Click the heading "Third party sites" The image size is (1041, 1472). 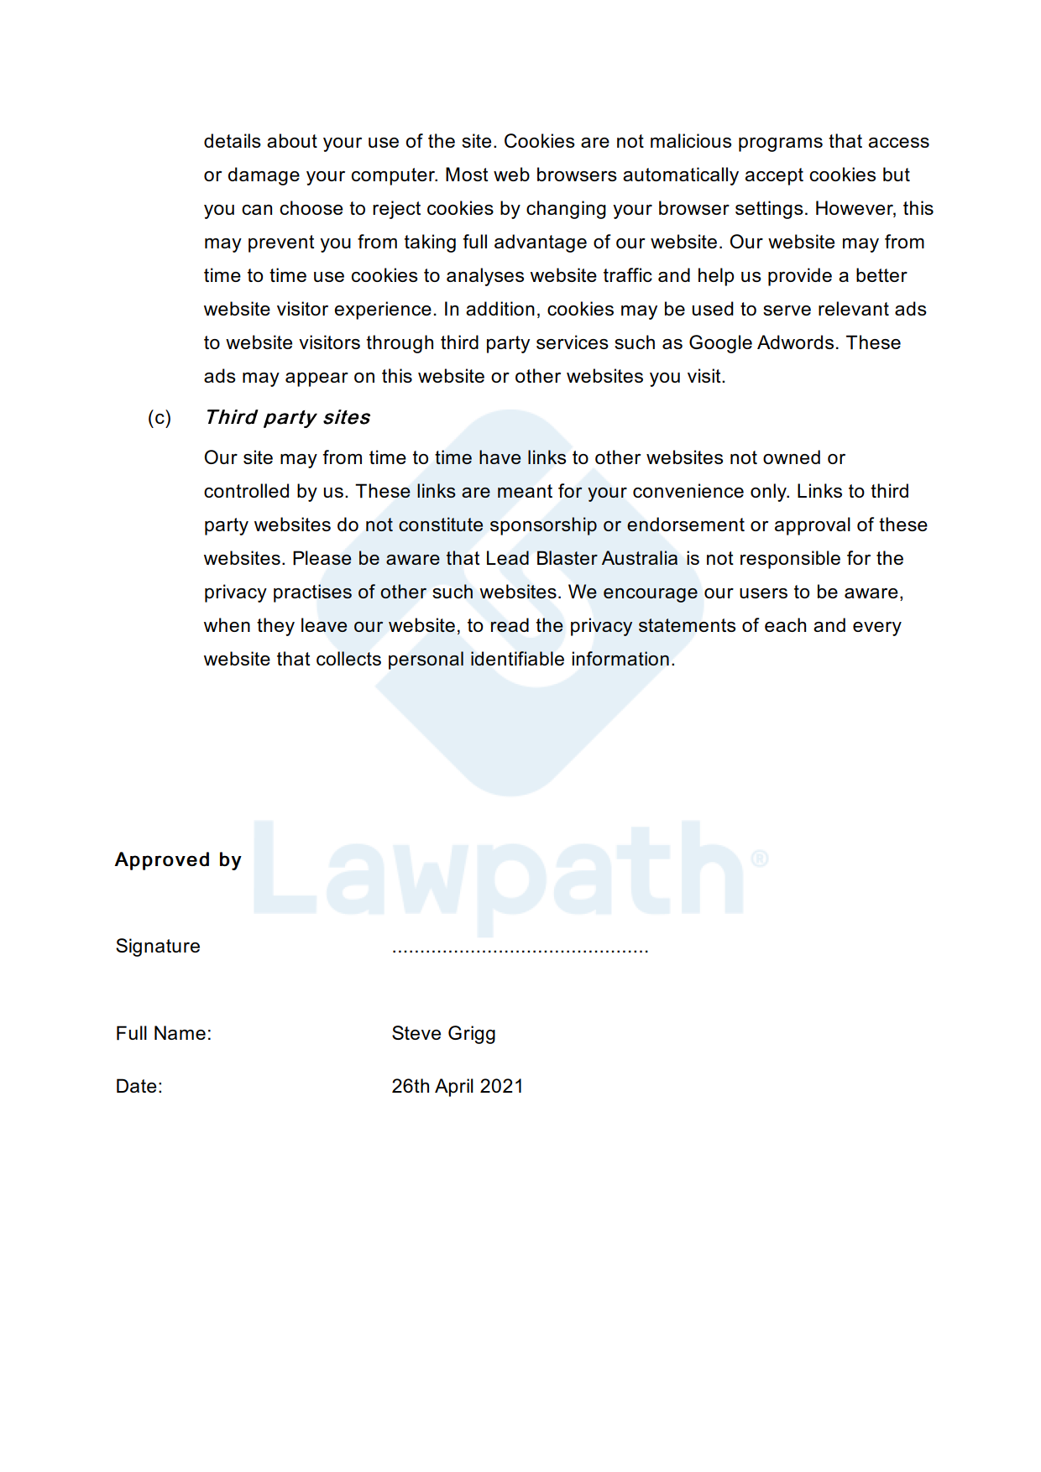click(x=287, y=417)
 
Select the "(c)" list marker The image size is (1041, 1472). click(x=160, y=417)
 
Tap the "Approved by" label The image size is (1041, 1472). click(x=178, y=859)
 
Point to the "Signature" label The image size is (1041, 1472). click(x=158, y=946)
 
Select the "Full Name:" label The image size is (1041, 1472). click(x=164, y=1033)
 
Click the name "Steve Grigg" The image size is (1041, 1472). click(x=443, y=1033)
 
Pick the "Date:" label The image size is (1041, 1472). click(x=139, y=1086)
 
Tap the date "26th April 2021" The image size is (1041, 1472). click(x=457, y=1086)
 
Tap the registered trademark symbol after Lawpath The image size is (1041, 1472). click(x=759, y=858)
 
